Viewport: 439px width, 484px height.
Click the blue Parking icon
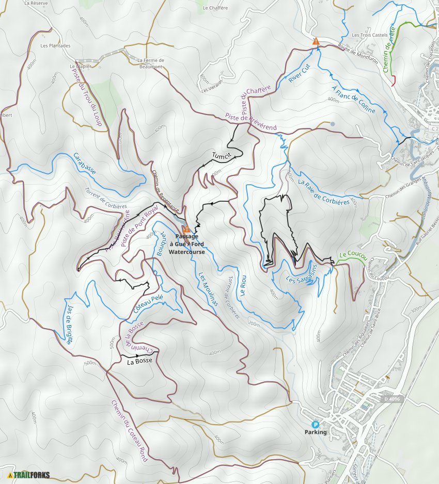tap(316, 424)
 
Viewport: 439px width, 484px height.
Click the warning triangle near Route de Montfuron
tap(316, 41)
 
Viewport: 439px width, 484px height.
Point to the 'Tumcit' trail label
tap(219, 155)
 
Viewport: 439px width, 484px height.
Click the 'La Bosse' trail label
tap(139, 361)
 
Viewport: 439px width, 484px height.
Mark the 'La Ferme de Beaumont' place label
tap(150, 63)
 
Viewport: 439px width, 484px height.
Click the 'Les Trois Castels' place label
tap(366, 35)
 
